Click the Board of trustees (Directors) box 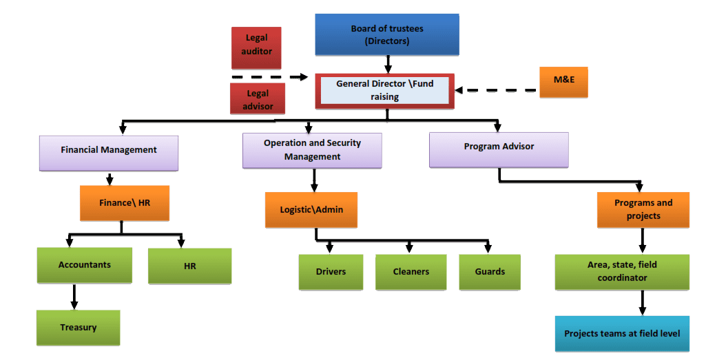click(x=386, y=34)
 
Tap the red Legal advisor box click(x=256, y=99)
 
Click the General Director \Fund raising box click(x=385, y=90)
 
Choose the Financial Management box click(x=109, y=151)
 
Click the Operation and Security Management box click(x=312, y=149)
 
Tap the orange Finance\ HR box click(x=124, y=203)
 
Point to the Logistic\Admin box click(x=311, y=209)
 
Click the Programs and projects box click(x=643, y=209)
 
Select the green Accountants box click(x=84, y=265)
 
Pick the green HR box click(x=189, y=266)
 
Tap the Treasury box click(x=78, y=328)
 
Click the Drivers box click(x=331, y=272)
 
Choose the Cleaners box click(x=411, y=272)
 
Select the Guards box click(x=490, y=272)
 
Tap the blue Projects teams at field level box click(x=622, y=334)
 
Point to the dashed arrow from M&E click(x=496, y=90)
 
